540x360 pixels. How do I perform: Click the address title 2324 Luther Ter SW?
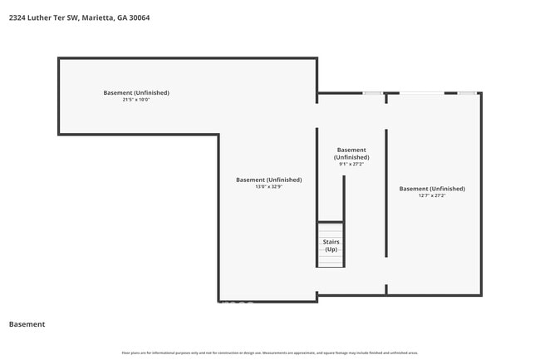click(42, 17)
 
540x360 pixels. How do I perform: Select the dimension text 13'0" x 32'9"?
click(268, 187)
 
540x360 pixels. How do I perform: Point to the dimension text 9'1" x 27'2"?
click(351, 165)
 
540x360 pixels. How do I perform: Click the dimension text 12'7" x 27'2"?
click(432, 196)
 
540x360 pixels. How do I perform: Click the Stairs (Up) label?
click(331, 246)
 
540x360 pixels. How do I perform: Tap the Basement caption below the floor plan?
click(27, 324)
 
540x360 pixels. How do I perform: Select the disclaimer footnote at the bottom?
click(270, 353)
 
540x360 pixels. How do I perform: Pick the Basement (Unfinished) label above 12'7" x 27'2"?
click(432, 189)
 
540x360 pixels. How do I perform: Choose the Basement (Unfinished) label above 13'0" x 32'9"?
click(268, 180)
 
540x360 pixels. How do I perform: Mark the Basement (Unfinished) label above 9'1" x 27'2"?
click(351, 153)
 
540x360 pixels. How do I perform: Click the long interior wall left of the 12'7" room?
click(386, 193)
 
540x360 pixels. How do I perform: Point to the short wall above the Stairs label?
click(331, 222)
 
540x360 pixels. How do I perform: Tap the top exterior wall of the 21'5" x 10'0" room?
click(187, 58)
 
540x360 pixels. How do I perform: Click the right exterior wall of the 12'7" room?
click(481, 193)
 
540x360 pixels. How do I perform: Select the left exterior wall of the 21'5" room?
click(58, 96)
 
